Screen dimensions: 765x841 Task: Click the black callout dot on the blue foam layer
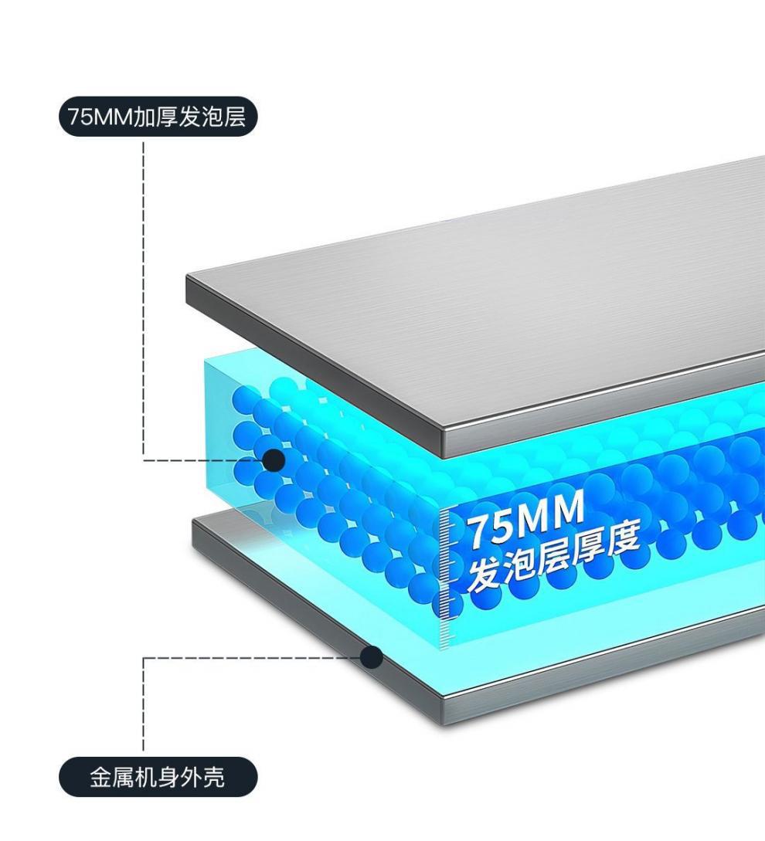point(274,460)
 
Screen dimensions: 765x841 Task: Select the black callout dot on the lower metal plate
point(372,657)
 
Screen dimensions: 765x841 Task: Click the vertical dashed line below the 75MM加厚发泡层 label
point(143,293)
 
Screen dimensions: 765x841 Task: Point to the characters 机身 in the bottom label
point(158,777)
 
